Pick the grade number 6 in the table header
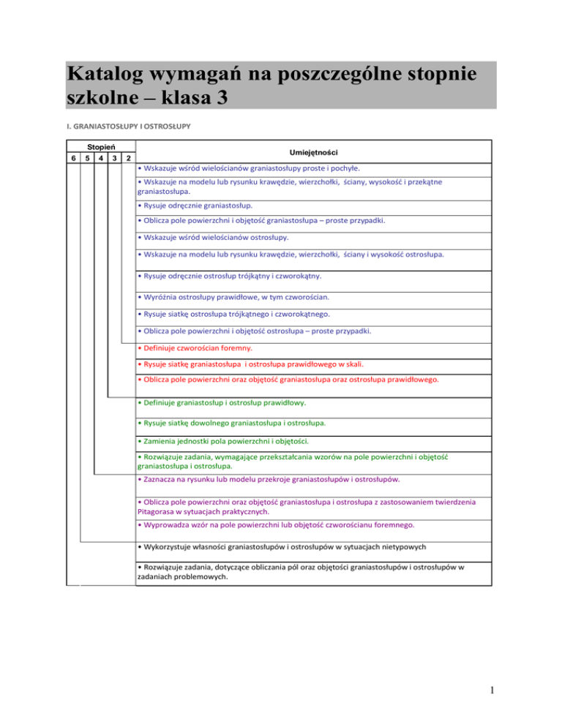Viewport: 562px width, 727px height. [x=71, y=158]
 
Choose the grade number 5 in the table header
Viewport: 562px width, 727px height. [x=86, y=158]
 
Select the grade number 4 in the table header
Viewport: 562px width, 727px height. [x=100, y=158]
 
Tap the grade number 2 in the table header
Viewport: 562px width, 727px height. [x=128, y=158]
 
